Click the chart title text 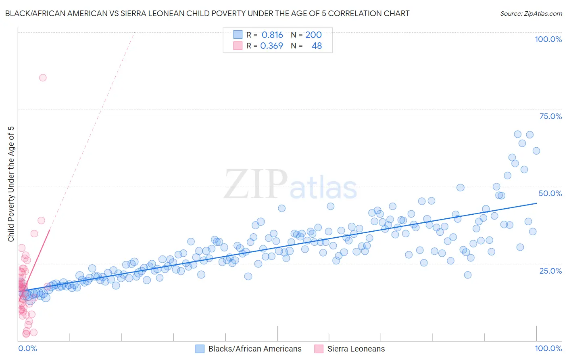coord(207,13)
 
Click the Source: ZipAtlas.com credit coord(531,13)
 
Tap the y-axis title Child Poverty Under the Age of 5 coord(11,184)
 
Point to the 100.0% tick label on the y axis coord(548,39)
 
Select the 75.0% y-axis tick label coord(550,116)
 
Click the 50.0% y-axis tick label coord(550,193)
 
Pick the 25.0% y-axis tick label coord(550,270)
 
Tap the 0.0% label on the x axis coord(27,348)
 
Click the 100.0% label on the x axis coord(548,348)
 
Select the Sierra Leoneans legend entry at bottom coord(356,349)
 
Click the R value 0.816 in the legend coord(272,35)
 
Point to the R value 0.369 coord(271,46)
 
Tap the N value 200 coord(313,35)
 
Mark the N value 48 coord(317,46)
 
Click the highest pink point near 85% coord(43,77)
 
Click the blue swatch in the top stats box coord(238,35)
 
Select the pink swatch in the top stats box coord(238,46)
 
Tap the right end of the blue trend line coord(536,203)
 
